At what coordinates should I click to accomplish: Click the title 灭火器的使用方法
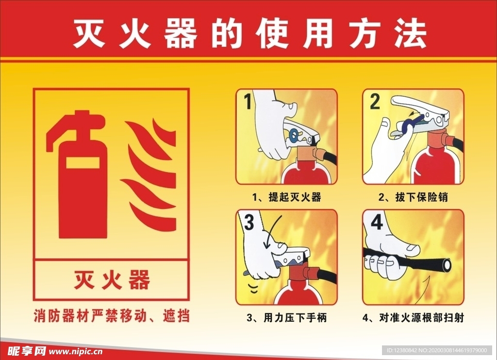249,34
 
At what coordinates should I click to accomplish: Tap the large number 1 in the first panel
248,101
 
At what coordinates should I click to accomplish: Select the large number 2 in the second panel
375,102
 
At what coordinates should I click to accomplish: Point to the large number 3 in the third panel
249,222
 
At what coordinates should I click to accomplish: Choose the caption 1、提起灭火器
286,197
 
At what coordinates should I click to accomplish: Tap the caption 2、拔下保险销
413,197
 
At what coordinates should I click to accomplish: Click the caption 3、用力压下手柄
286,318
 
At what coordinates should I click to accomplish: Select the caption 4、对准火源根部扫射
414,318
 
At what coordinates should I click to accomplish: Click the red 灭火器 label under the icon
112,280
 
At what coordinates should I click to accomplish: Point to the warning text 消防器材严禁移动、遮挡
112,316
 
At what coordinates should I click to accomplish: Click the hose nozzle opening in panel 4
447,265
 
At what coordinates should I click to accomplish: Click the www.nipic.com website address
76,351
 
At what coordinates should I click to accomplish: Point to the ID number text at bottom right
436,350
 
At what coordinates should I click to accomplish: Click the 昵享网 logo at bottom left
27,351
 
